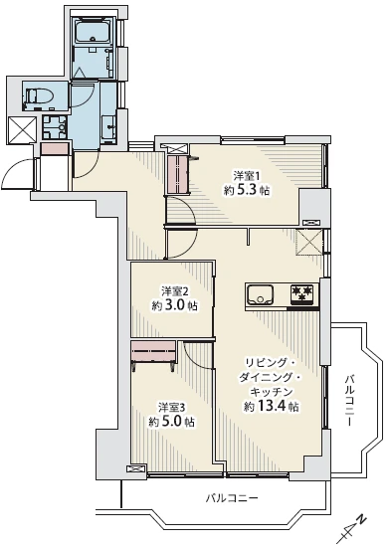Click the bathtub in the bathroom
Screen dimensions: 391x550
click(x=93, y=32)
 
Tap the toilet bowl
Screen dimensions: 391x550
click(x=40, y=95)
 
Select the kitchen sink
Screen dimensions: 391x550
click(x=260, y=295)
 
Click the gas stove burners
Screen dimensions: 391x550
click(x=301, y=294)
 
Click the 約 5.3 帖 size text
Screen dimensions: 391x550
click(x=247, y=190)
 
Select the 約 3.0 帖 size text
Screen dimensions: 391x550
click(x=175, y=306)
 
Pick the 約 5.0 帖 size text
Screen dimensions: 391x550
click(x=172, y=422)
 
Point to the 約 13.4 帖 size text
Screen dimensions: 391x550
click(x=272, y=406)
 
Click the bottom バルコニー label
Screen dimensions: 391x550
click(x=232, y=498)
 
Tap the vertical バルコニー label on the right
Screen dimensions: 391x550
click(x=349, y=401)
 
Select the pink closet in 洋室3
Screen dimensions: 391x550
click(x=153, y=351)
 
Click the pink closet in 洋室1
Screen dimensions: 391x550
click(x=178, y=174)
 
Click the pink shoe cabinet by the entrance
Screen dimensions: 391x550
click(x=55, y=149)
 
